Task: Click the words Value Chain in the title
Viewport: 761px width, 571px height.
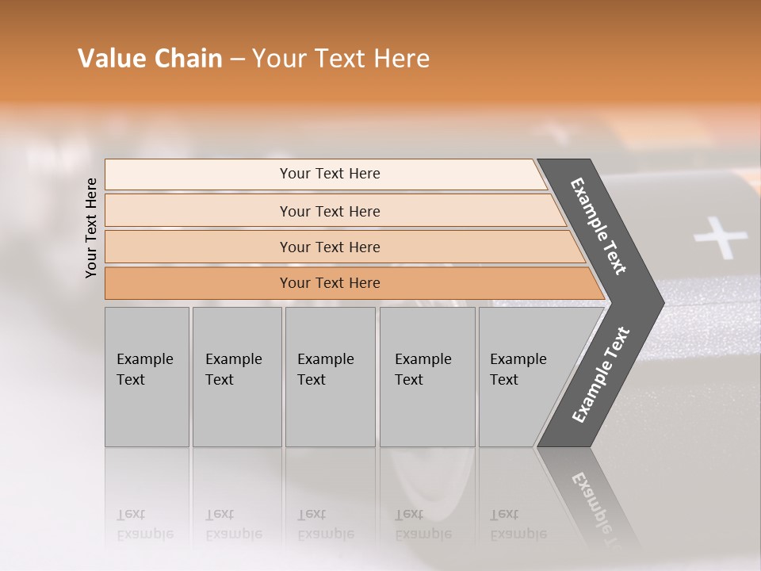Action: (x=150, y=59)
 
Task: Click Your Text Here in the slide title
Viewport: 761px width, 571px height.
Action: (x=341, y=59)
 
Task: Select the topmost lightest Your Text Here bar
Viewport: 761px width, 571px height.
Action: (x=329, y=174)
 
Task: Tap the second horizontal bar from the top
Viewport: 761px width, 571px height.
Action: (x=329, y=211)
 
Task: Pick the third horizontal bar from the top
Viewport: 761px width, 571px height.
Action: (x=329, y=247)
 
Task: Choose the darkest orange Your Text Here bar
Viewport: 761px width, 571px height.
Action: (x=329, y=283)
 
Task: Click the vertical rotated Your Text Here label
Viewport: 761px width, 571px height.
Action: (x=91, y=228)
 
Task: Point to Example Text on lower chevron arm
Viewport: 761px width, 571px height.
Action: (x=601, y=375)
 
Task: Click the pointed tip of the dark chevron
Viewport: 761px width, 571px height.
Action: (x=660, y=303)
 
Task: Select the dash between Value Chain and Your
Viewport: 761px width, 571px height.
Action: (x=237, y=59)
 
